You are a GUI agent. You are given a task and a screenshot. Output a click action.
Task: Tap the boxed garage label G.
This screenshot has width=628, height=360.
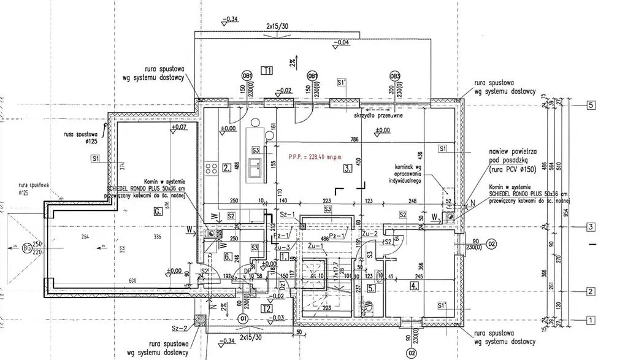click(158, 212)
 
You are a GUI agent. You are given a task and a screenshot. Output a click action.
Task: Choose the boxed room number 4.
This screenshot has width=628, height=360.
click(415, 285)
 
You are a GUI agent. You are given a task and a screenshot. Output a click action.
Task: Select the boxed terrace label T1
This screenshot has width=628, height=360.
click(266, 70)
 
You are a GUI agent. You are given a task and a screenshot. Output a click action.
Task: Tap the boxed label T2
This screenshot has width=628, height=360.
click(266, 308)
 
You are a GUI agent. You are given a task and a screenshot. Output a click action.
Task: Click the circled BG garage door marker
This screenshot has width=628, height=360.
click(27, 248)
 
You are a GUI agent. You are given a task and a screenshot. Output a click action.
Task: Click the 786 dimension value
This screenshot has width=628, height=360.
click(354, 140)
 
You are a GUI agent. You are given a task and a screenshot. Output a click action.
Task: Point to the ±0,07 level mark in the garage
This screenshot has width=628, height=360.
click(179, 128)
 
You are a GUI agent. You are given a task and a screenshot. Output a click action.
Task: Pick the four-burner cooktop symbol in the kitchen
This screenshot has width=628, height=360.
click(212, 167)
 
